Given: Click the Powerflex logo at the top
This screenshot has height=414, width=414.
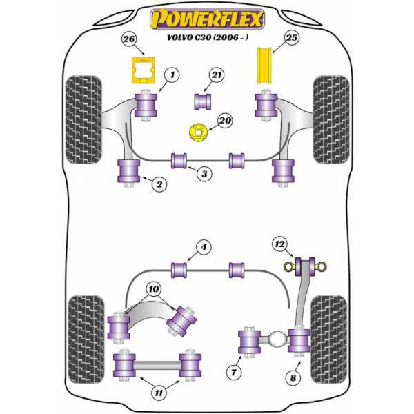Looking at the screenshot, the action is click(x=207, y=19).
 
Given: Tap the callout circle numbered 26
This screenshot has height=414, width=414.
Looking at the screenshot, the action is click(x=129, y=39).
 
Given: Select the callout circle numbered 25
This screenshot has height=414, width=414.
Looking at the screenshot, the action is click(x=291, y=38).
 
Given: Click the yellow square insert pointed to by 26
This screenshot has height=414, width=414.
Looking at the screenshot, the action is click(x=143, y=70).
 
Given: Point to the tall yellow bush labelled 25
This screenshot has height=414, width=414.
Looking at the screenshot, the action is click(x=264, y=66).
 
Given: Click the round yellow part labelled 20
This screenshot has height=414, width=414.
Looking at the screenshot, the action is click(x=198, y=132).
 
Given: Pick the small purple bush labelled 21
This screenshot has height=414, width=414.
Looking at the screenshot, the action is click(x=202, y=101).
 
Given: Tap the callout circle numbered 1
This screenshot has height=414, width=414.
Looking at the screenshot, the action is click(x=172, y=75).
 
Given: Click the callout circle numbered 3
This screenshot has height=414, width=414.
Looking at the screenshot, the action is click(x=204, y=174).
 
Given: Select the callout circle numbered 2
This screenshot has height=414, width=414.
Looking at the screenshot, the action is click(x=159, y=184).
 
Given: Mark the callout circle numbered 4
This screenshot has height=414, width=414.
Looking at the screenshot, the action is click(x=204, y=247).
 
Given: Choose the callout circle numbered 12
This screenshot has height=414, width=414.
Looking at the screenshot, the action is click(x=280, y=244).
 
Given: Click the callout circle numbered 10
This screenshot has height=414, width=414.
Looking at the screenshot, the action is click(x=154, y=289).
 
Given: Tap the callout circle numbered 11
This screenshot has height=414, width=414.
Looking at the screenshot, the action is click(x=159, y=393).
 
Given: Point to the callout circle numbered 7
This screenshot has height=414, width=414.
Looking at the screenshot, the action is click(x=234, y=373).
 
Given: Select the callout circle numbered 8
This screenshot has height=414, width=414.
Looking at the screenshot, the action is click(x=293, y=378).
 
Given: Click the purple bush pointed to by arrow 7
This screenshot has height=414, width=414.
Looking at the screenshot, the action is click(x=249, y=342).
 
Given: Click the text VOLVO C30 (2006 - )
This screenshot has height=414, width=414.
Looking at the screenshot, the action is click(x=208, y=37).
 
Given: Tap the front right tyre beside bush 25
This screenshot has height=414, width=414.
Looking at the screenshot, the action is click(x=331, y=119).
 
